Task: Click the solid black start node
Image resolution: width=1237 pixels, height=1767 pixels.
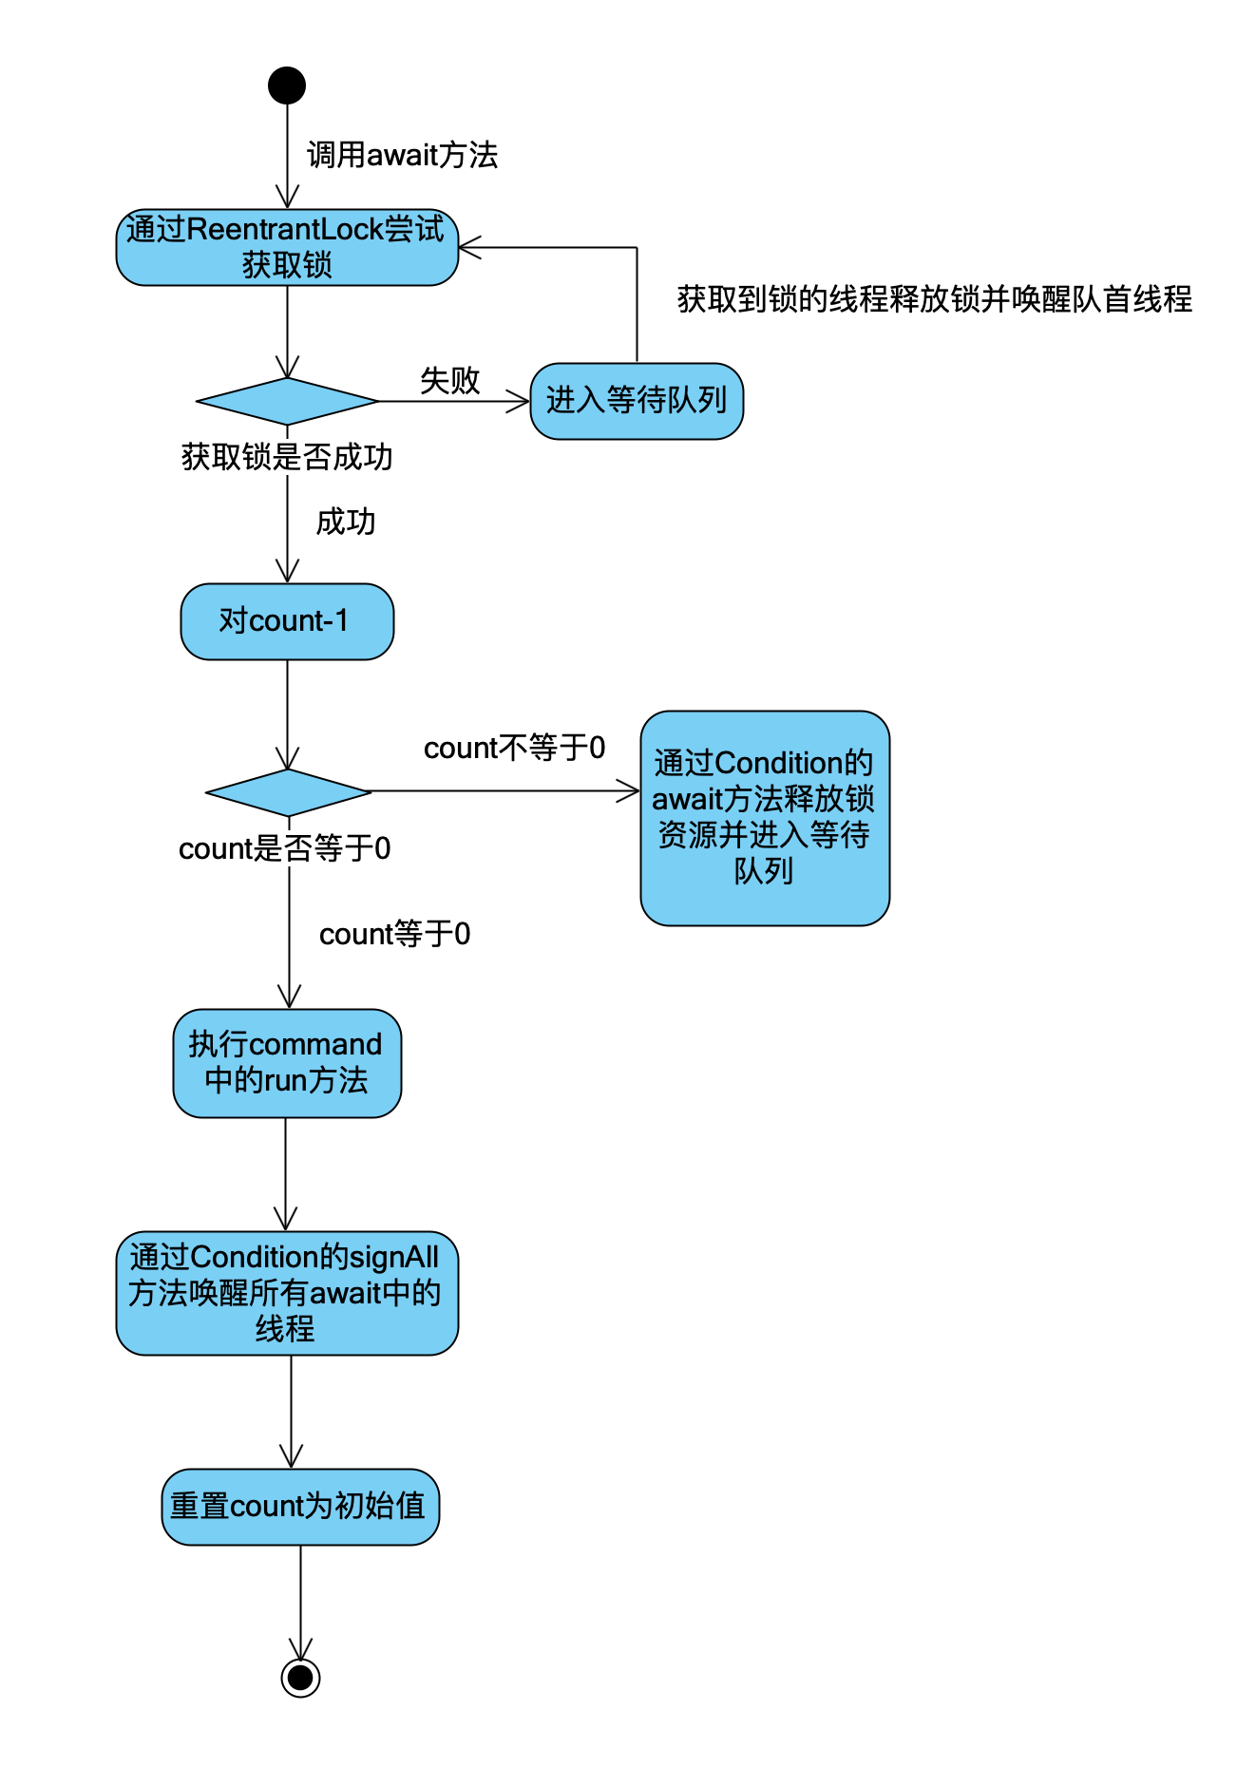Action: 287,85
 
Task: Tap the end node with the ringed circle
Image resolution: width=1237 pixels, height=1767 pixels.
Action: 300,1677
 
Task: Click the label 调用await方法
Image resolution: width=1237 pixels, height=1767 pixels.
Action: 402,155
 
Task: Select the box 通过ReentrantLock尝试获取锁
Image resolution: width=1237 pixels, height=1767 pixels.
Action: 287,247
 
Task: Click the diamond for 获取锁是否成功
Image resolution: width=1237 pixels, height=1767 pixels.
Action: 287,401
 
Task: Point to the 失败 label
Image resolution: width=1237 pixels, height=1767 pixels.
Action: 449,380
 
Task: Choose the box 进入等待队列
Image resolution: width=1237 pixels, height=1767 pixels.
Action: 637,401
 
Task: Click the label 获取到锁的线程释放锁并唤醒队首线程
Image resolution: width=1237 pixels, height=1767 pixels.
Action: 934,299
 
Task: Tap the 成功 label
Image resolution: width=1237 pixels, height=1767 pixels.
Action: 346,522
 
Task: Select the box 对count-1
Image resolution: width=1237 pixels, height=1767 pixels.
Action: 287,621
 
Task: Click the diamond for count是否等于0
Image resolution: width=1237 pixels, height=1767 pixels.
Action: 288,791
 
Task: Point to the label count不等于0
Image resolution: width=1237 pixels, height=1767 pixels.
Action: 514,748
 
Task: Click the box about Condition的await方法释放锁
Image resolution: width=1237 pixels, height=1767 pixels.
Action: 765,818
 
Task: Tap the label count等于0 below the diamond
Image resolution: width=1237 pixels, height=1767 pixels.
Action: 394,934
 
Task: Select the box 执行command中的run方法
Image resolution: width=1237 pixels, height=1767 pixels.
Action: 287,1063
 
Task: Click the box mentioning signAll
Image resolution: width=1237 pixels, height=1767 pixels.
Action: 287,1293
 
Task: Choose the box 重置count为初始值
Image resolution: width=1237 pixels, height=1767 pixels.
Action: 300,1507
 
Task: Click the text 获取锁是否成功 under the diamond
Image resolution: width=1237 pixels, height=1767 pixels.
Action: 287,457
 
